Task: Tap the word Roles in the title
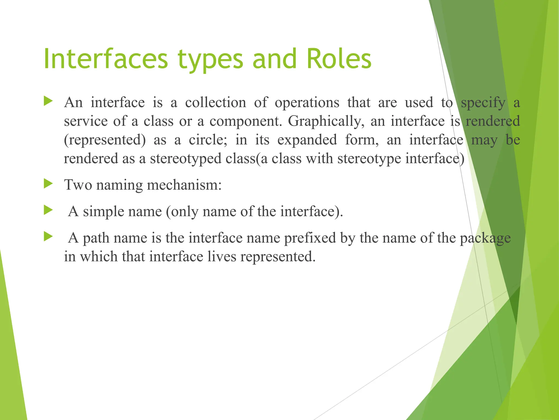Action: coord(339,59)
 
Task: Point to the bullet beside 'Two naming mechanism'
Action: coord(48,183)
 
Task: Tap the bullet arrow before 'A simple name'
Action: coord(48,210)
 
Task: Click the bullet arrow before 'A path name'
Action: coord(48,237)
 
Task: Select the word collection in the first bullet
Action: coord(216,103)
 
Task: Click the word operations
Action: coord(307,103)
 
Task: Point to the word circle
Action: coord(208,140)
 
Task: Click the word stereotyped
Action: coord(186,159)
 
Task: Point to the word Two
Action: coord(78,185)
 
